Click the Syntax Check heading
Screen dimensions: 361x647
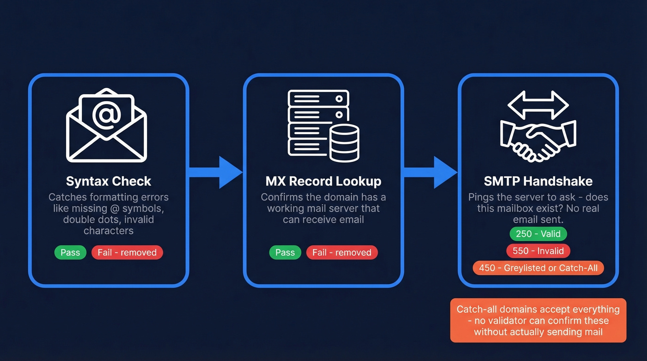109,181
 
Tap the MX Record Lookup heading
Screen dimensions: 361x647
323,181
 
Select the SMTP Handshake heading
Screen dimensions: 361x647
538,181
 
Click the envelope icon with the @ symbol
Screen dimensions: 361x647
106,125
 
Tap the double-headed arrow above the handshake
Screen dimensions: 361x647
538,105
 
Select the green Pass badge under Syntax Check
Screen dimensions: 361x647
70,252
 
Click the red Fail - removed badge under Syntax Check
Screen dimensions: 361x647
127,252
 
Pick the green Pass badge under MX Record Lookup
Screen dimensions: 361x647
285,252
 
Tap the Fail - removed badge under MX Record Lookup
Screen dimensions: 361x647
342,252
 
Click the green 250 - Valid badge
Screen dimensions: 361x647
538,234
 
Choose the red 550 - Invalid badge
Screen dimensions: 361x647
538,251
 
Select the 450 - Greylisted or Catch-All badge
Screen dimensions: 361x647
538,268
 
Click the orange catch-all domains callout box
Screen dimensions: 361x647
538,320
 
